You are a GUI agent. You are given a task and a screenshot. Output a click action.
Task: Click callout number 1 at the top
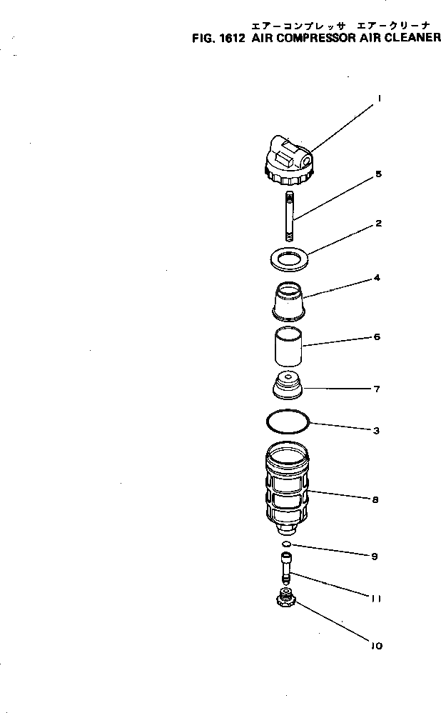coord(379,100)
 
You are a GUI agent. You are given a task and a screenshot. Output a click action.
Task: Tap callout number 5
coord(378,174)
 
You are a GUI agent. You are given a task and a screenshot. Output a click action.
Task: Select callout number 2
coord(378,224)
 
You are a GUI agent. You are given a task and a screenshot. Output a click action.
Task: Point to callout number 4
coord(377,278)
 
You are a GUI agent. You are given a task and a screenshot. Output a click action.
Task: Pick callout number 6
coord(377,336)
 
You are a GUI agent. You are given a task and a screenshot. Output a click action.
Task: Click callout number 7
coord(377,389)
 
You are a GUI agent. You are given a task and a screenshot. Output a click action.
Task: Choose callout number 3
coord(377,431)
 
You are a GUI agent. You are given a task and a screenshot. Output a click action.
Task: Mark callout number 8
coord(375,500)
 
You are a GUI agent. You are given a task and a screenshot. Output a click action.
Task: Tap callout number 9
coord(375,556)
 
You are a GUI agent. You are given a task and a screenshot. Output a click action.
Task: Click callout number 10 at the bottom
coord(376,646)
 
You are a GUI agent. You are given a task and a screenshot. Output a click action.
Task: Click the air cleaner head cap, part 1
coord(288,161)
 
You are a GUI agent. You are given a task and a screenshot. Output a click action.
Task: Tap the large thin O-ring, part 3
coord(288,421)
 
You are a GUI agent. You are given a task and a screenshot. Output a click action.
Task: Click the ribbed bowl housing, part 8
coord(288,489)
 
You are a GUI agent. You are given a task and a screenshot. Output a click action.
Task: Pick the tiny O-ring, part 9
coord(286,545)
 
